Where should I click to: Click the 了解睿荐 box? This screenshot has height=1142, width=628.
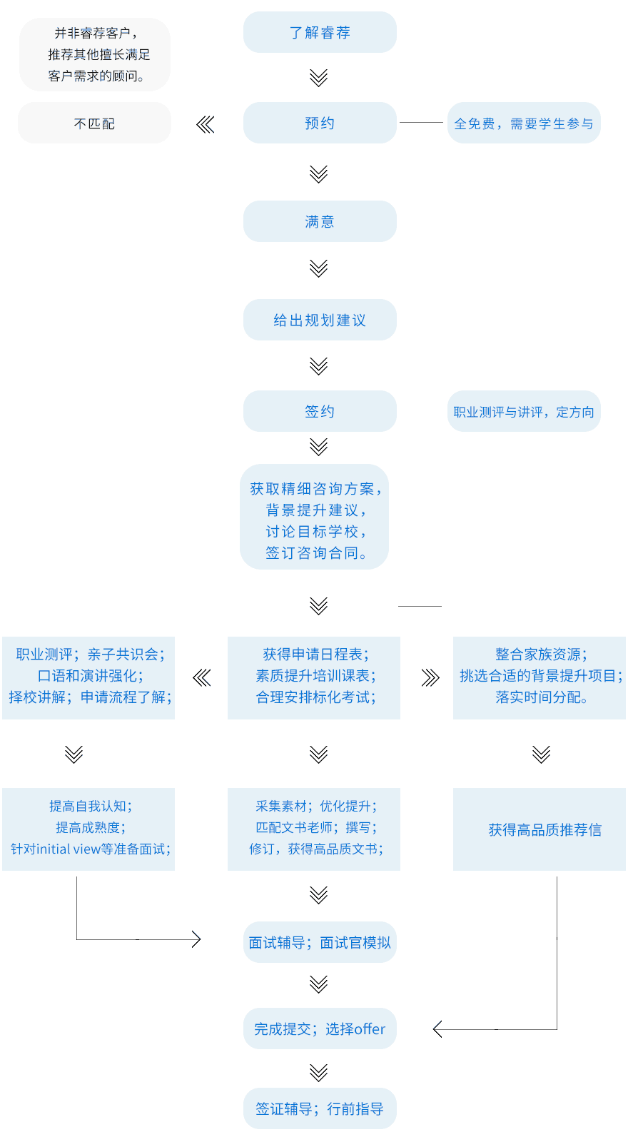tap(320, 32)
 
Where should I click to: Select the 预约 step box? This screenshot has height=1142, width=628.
tap(320, 123)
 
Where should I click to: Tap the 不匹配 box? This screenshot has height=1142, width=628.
tap(94, 123)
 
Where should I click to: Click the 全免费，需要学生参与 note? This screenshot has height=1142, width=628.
tap(524, 123)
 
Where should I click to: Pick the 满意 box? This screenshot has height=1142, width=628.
tap(320, 221)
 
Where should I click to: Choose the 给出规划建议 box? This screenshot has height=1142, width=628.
tap(320, 320)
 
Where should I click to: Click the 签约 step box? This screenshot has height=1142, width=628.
tap(320, 411)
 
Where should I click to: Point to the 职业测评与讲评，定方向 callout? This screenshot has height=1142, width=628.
tap(524, 411)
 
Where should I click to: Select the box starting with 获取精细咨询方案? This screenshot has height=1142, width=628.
tap(315, 517)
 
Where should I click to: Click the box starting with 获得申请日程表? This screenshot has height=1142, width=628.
tap(314, 678)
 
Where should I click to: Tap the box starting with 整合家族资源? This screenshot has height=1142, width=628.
tap(540, 678)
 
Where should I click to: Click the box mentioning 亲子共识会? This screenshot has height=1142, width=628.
tap(88, 678)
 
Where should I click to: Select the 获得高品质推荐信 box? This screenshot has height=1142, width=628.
tap(540, 829)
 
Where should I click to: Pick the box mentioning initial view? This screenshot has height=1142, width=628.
tap(88, 829)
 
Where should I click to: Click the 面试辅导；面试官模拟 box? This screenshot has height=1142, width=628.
tap(320, 943)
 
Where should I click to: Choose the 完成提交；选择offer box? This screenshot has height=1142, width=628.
tap(320, 1029)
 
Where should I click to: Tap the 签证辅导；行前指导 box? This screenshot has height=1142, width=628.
tap(320, 1109)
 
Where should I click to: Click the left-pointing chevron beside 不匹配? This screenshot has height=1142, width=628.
tap(205, 124)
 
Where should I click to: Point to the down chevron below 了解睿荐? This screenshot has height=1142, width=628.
tap(318, 78)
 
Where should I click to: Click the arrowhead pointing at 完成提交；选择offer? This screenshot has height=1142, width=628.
tap(437, 1029)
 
